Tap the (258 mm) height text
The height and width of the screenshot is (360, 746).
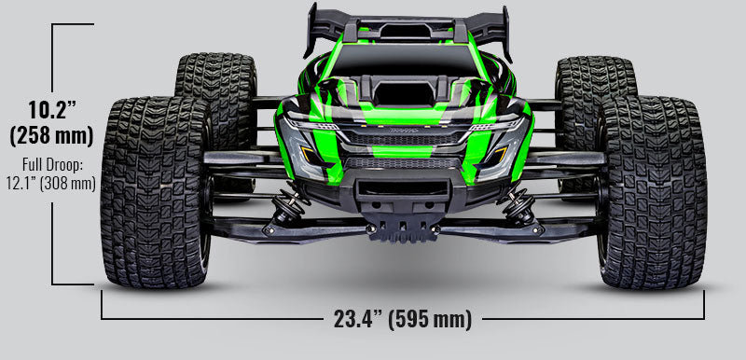[50, 135]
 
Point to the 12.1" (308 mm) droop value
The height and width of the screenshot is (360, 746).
[50, 183]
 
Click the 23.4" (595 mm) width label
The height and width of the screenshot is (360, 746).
[402, 320]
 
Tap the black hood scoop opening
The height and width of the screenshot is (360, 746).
[404, 96]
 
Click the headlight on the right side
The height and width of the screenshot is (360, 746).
[497, 124]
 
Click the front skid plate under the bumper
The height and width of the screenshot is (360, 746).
[404, 227]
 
